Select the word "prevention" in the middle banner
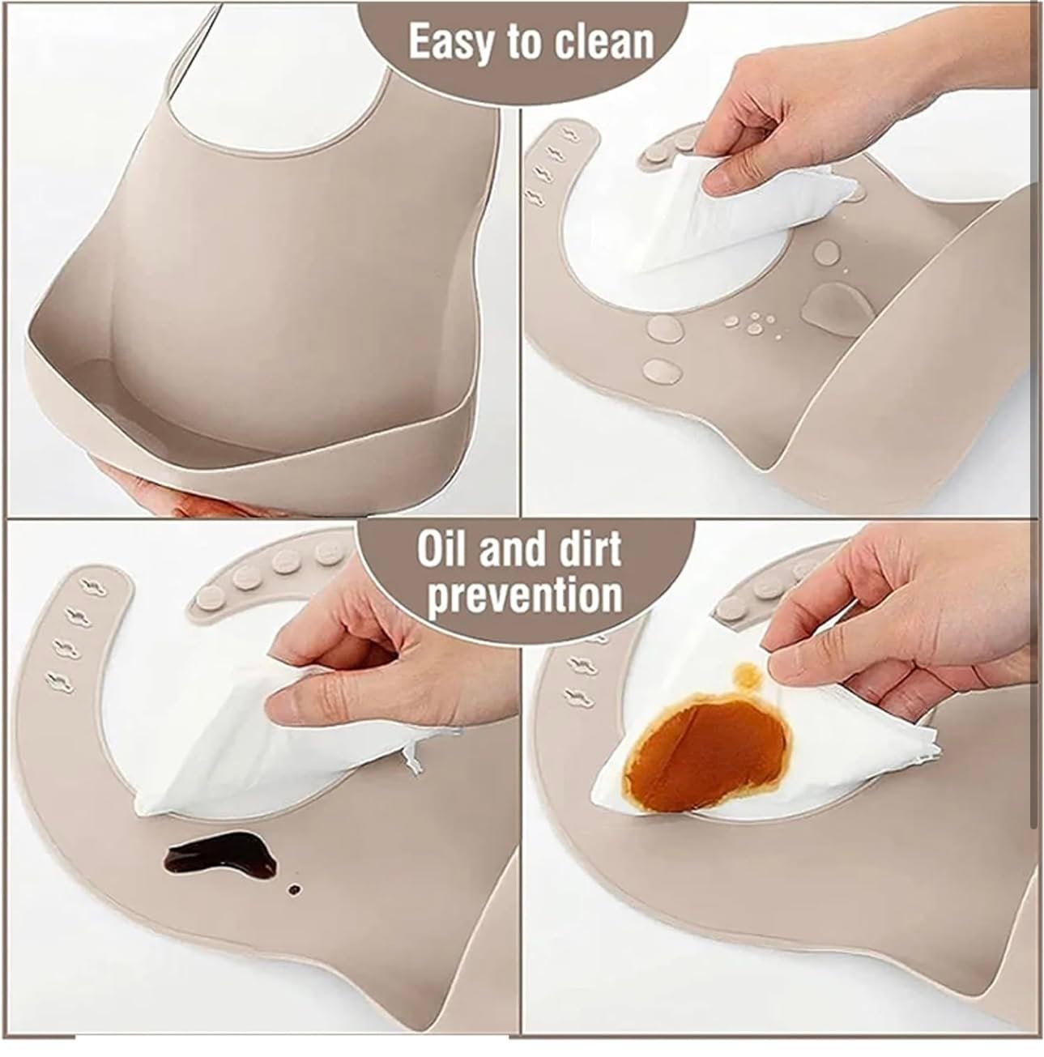(525, 597)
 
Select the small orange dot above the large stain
(747, 674)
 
